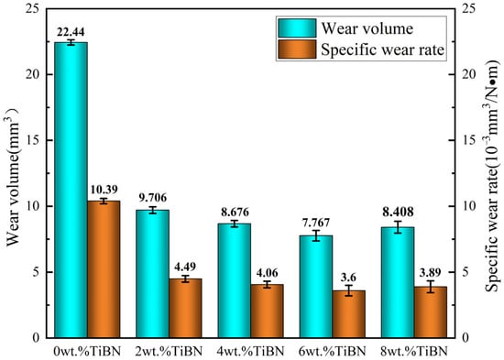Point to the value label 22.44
[x=71, y=30]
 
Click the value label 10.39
[x=104, y=189]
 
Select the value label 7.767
[x=315, y=221]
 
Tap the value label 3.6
[x=348, y=276]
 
